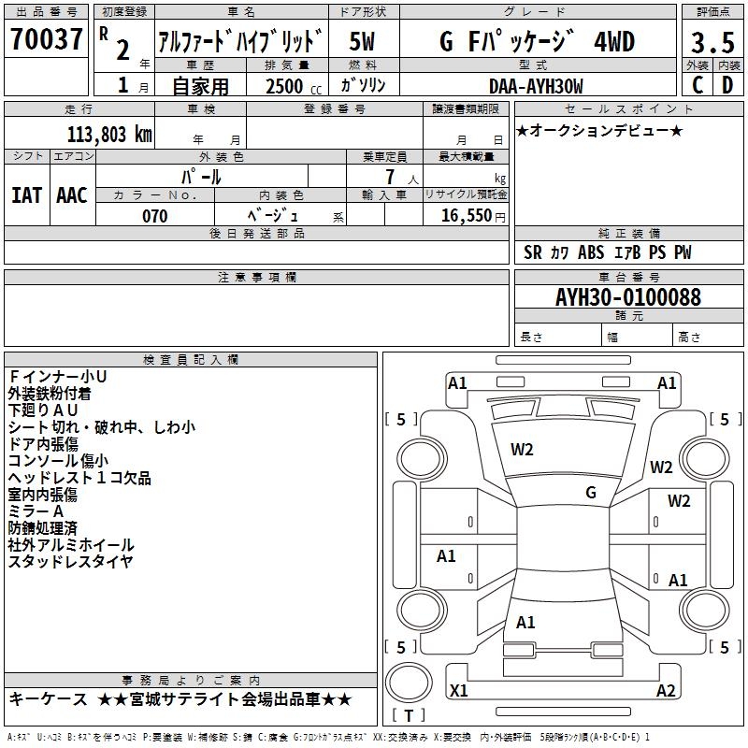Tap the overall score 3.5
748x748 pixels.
(712, 43)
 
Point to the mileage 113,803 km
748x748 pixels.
(109, 134)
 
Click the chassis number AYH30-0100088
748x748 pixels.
(627, 297)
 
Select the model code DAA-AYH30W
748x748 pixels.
(536, 86)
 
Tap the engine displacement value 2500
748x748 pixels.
(284, 86)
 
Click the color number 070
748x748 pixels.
(155, 216)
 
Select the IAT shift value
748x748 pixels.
(26, 195)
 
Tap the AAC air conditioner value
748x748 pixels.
(71, 195)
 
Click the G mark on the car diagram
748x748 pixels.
(591, 493)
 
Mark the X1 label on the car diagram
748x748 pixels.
(459, 691)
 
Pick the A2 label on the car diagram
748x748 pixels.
(666, 691)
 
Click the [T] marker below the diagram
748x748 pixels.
(408, 716)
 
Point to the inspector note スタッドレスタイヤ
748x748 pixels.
(71, 562)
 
